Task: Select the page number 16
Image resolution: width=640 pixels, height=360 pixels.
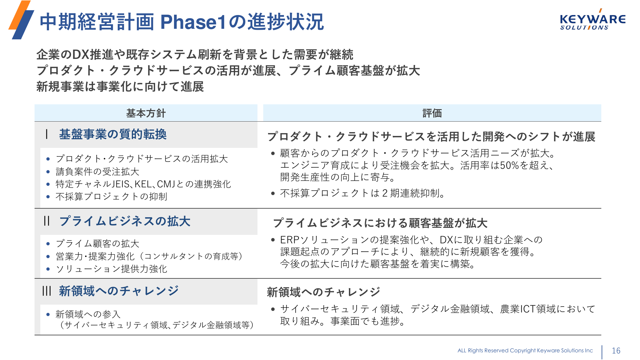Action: click(616, 351)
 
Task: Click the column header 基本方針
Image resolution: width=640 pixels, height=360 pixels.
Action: click(146, 113)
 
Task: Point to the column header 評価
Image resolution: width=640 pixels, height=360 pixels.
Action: click(432, 113)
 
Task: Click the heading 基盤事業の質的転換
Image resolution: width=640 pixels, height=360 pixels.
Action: click(113, 134)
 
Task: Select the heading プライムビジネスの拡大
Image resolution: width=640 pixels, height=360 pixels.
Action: click(125, 221)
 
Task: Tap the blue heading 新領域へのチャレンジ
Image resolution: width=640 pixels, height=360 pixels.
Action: click(119, 291)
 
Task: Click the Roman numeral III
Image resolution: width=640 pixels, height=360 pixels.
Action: click(47, 291)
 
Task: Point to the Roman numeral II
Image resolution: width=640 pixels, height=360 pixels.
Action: click(47, 221)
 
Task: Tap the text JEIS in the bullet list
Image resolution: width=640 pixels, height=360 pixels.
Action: click(121, 184)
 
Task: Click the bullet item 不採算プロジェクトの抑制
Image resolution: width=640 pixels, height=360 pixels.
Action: click(111, 196)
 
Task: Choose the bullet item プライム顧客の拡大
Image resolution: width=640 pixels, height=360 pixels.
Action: click(98, 244)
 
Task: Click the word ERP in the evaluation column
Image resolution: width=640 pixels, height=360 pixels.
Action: click(289, 240)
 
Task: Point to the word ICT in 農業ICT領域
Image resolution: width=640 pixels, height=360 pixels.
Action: click(528, 309)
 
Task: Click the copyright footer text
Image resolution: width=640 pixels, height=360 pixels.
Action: click(525, 351)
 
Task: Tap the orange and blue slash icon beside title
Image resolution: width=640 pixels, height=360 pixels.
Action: click(21, 20)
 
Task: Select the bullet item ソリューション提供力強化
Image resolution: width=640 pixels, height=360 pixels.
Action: click(111, 269)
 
